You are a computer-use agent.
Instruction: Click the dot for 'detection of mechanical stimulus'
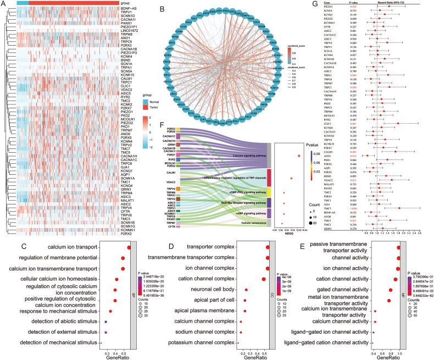pos(102,342)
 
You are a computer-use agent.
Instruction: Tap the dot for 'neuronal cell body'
pos(246,289)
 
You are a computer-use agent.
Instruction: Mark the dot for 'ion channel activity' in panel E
pos(397,269)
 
